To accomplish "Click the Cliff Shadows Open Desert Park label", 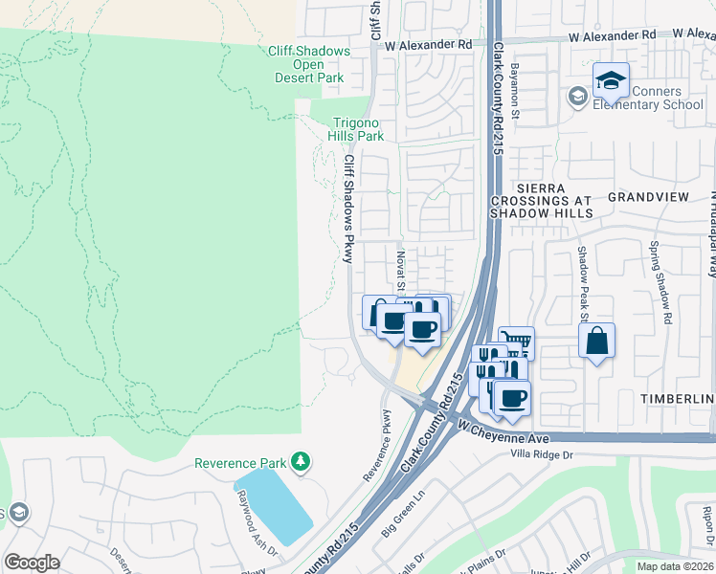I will (x=304, y=65).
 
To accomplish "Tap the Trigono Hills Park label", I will (x=357, y=129).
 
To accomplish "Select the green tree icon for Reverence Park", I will (x=302, y=462).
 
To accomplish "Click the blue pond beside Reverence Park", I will (x=273, y=505).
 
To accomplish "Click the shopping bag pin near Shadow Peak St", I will (x=596, y=342).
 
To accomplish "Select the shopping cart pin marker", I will (x=516, y=342).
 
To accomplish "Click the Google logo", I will (x=32, y=563).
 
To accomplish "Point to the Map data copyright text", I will (x=675, y=566).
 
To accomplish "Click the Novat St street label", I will (x=401, y=270).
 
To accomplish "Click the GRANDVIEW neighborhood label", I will (x=649, y=196).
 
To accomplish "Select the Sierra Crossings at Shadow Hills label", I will (x=542, y=201).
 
